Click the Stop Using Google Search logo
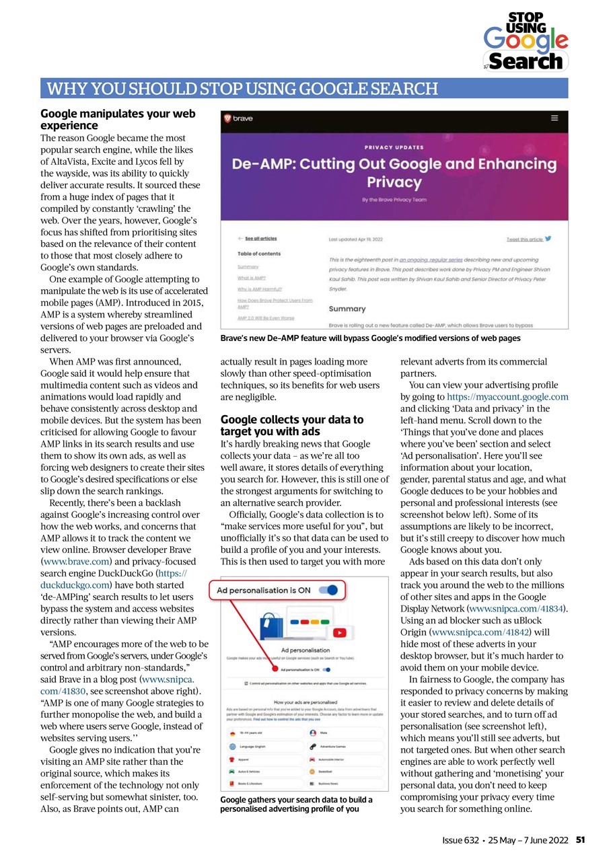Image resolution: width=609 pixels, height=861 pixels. point(526,42)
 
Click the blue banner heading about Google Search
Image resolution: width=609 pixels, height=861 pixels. point(240,89)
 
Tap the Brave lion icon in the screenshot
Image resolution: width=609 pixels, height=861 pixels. point(228,118)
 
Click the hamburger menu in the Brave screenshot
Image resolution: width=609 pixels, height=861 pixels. point(554,118)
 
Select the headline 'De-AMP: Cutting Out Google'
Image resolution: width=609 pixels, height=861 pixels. point(394,173)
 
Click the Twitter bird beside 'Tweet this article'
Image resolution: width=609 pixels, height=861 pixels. point(548,239)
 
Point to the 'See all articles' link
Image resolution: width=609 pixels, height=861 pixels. point(260,239)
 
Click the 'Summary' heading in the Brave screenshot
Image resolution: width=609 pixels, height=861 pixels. point(347,309)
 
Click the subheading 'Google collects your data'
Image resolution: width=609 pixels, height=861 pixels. point(292,425)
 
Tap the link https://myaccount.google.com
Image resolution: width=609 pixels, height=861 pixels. point(507,397)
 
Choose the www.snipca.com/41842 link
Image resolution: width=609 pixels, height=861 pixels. point(480,632)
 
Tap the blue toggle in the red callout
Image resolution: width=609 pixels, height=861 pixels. point(328,590)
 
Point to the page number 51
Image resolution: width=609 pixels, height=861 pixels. point(580,840)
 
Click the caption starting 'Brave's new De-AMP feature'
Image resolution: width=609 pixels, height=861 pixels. point(370,338)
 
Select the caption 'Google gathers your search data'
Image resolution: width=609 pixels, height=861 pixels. point(297,804)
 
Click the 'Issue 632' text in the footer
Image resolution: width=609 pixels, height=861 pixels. point(460,840)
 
